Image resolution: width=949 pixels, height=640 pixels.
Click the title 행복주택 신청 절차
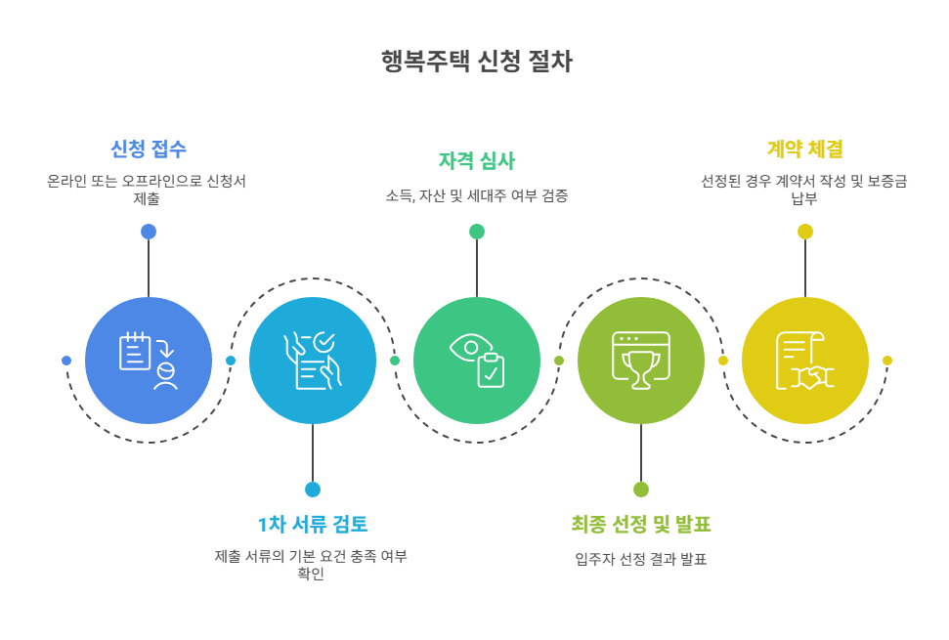pos(476,63)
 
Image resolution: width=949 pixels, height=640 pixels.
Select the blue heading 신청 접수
pos(149,149)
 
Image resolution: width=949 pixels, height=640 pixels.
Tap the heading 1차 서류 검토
pos(313,524)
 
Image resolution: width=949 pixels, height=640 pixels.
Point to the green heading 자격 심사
pos(477,161)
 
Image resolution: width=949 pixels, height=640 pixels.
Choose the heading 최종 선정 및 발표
pos(641,524)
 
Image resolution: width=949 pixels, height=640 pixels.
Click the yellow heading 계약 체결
pos(805,149)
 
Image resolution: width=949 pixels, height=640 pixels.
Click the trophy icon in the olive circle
pos(641,361)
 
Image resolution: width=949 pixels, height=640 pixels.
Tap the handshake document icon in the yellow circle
pos(804,361)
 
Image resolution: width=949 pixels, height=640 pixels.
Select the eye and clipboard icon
pos(477,361)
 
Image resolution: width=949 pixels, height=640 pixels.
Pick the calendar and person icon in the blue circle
pos(149,361)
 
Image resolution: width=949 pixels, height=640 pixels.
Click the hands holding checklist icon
pos(313,361)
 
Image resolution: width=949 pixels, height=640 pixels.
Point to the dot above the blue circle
pos(149,232)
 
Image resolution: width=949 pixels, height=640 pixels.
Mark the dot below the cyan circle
pos(313,490)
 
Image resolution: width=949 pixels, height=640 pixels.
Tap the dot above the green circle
pos(477,232)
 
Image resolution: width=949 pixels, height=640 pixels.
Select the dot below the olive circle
pos(641,490)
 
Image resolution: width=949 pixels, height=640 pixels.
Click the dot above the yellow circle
pos(805,232)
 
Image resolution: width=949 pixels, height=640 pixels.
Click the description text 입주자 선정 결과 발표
pos(641,560)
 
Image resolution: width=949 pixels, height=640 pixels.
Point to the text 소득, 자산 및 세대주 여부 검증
pos(477,196)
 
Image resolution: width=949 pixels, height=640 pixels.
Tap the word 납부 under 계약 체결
pos(805,198)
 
